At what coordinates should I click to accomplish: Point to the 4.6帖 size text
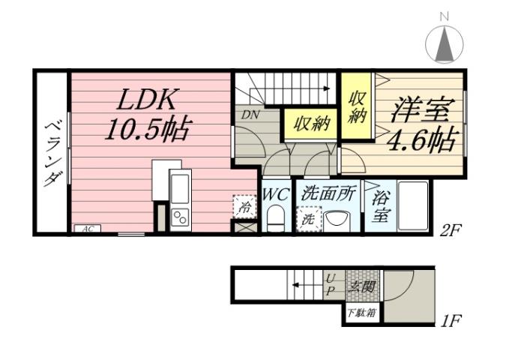pos(421,139)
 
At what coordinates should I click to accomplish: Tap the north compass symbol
pos(444,43)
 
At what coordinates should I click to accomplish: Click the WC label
pos(276,193)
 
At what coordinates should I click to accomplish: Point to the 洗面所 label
pos(328,193)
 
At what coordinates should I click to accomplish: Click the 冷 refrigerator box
pos(244,206)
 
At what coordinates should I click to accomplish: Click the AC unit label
pos(87,229)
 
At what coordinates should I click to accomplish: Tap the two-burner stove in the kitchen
pos(181,217)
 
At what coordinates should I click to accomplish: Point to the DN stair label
pos(249,115)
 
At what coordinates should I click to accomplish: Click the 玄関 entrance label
pos(359,286)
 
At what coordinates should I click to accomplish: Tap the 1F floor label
pos(450,322)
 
